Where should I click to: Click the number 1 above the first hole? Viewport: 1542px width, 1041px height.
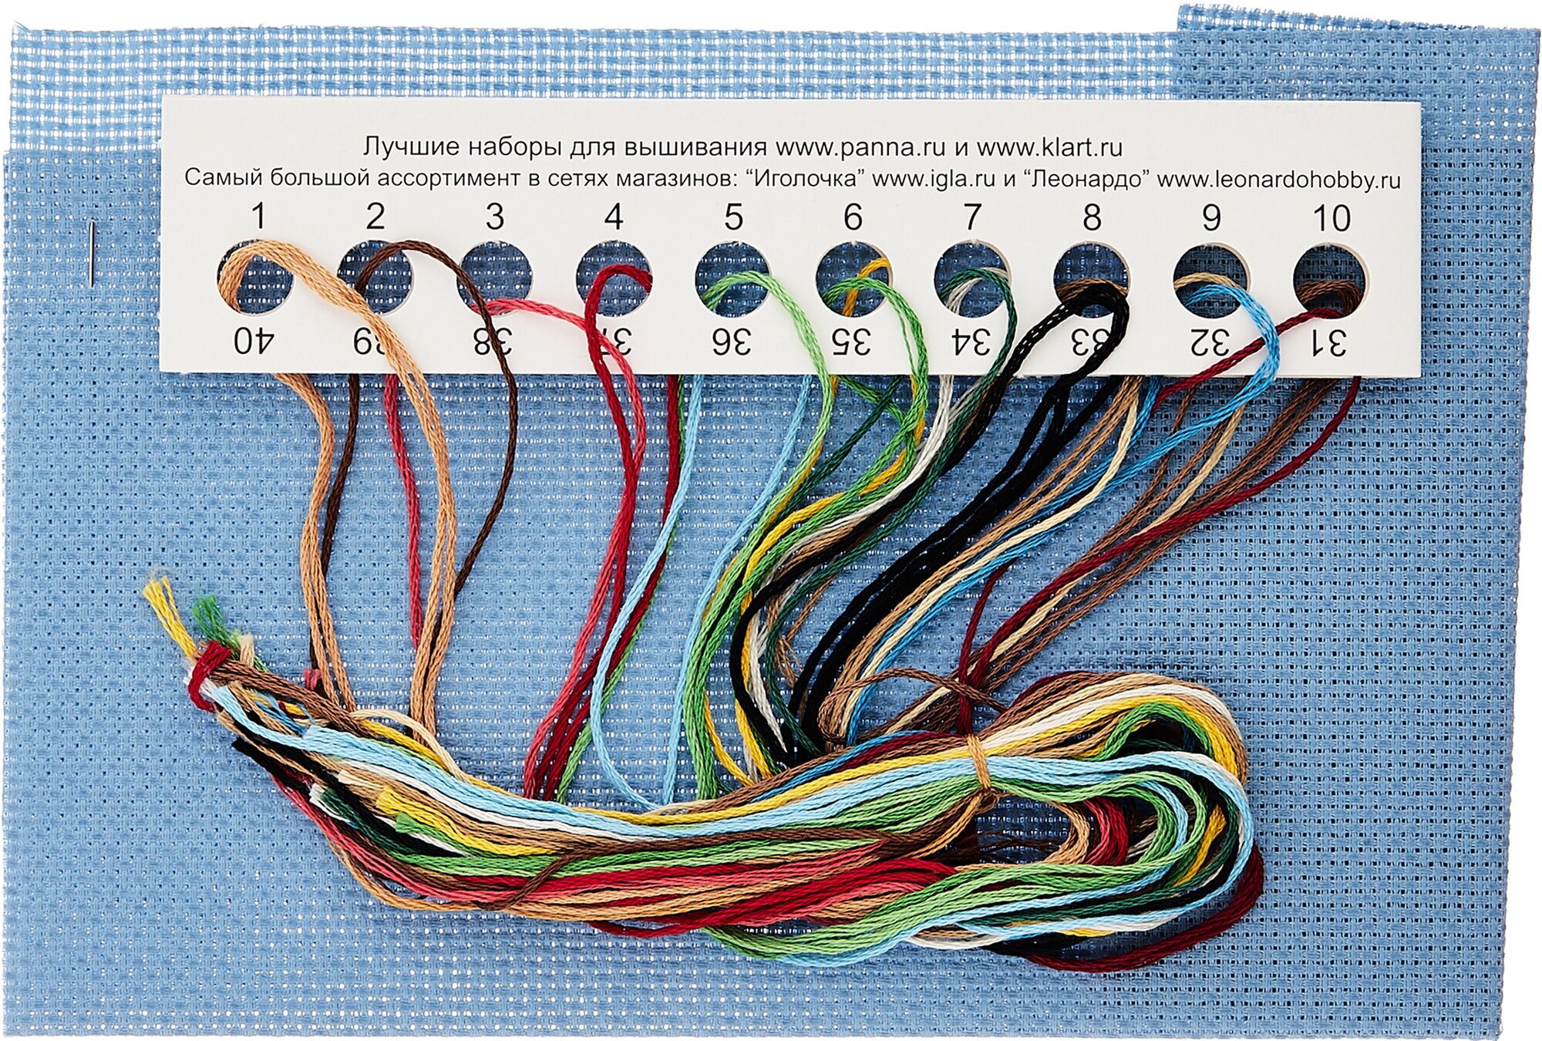click(258, 217)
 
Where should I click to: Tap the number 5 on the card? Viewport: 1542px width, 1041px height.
click(733, 217)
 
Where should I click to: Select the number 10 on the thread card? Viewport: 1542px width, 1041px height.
click(1331, 218)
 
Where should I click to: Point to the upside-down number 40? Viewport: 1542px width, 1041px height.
click(254, 340)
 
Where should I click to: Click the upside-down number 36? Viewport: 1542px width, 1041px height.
click(731, 341)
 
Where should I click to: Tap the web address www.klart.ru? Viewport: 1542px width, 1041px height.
click(1049, 147)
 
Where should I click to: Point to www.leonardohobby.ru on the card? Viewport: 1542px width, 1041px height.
click(1278, 180)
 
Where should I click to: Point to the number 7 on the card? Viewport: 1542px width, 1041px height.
click(971, 217)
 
